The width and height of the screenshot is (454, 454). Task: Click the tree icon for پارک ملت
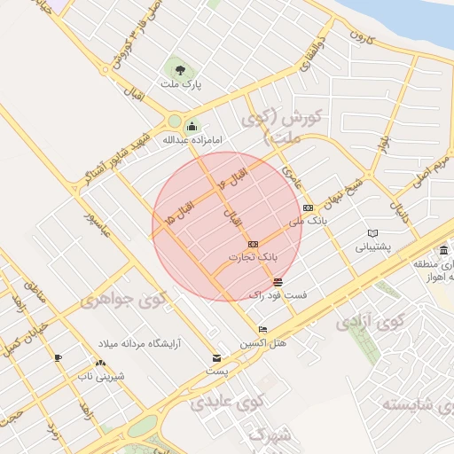click(181, 68)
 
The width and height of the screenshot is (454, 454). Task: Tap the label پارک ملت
click(182, 84)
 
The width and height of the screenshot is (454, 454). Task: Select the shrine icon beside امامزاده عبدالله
click(192, 126)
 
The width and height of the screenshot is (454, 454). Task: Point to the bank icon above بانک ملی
click(308, 207)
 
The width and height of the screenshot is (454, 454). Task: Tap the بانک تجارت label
click(253, 257)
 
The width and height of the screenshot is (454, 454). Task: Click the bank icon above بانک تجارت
click(253, 243)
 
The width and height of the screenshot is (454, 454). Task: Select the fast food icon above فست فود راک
click(278, 281)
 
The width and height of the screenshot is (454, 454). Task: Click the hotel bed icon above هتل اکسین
click(262, 330)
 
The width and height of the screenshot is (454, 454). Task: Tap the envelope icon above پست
click(216, 357)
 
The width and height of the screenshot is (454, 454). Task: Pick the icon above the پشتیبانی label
click(372, 234)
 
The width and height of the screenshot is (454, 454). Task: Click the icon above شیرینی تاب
click(99, 363)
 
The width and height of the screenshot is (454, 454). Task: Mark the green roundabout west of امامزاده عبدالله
click(174, 122)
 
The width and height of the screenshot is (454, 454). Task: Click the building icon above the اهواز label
click(442, 250)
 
